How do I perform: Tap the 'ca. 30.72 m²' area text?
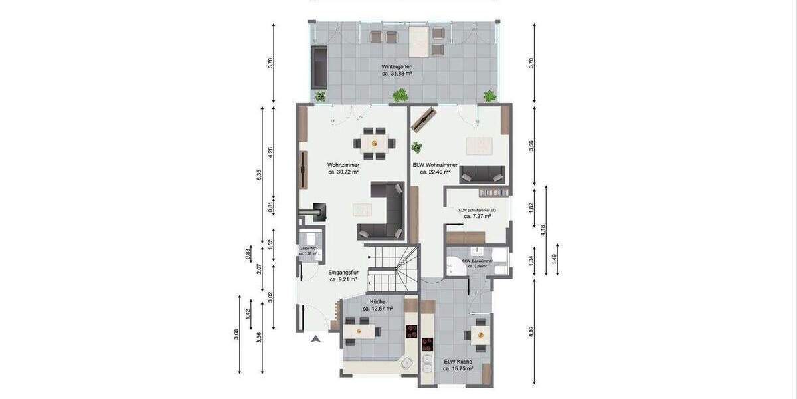(x=343, y=172)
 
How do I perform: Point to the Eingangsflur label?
(x=343, y=272)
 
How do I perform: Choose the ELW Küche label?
(x=458, y=361)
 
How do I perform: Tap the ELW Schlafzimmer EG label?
(x=475, y=209)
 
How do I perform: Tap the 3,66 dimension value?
(x=531, y=147)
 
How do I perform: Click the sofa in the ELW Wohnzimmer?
(x=483, y=174)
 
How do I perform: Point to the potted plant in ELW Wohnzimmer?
(x=416, y=147)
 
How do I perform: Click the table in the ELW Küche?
(x=480, y=334)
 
